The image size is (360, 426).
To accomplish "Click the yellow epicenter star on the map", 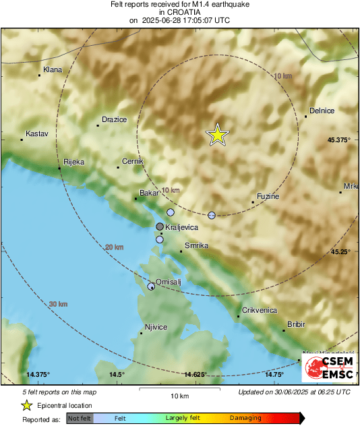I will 217,135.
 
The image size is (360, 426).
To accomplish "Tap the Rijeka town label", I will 73,162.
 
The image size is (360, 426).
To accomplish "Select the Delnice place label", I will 322,111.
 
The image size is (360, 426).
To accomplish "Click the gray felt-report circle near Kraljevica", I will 160,226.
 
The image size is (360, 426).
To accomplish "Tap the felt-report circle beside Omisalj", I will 152,286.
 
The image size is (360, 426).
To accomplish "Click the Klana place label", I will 52,69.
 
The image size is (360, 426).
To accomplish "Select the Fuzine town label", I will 268,195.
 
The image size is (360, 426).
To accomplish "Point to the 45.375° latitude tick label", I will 339,140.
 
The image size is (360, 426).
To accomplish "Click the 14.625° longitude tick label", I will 195,374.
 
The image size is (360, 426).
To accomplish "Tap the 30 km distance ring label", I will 59,305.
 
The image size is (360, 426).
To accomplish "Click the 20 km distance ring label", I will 115,247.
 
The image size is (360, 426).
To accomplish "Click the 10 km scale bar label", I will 179,395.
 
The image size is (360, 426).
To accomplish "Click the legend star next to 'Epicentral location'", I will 26,405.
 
